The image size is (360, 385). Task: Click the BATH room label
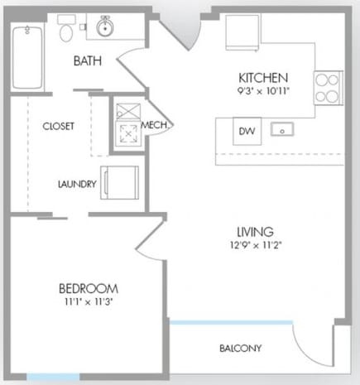click(x=88, y=60)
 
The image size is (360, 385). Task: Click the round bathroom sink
click(x=104, y=28)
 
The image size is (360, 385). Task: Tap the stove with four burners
click(x=327, y=86)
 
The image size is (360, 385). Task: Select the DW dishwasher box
click(x=246, y=132)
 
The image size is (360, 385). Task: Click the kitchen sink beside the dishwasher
click(x=283, y=131)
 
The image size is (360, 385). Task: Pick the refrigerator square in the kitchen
click(x=242, y=31)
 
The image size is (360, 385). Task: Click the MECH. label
click(x=156, y=124)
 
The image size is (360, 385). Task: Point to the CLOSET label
click(x=59, y=126)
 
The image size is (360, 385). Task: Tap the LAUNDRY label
click(x=77, y=184)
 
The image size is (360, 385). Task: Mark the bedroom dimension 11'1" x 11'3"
click(x=88, y=301)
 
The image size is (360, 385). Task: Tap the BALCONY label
click(x=240, y=348)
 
